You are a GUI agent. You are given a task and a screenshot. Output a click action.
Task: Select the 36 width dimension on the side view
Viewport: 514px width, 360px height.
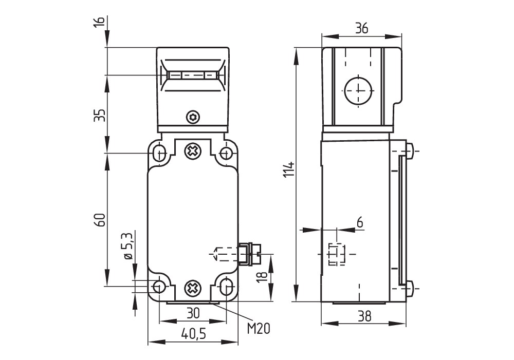pos(362,29)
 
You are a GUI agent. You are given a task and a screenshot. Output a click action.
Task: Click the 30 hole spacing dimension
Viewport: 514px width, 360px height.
pos(193,312)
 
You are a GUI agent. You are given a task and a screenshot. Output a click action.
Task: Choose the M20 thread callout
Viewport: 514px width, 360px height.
pos(258,328)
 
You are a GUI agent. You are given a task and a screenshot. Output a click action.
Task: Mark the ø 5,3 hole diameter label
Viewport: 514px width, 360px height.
pos(127,247)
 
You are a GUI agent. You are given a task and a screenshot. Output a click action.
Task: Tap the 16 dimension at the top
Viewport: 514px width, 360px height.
pos(100,22)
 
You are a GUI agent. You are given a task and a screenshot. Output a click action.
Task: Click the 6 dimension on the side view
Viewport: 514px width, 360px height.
pos(359,222)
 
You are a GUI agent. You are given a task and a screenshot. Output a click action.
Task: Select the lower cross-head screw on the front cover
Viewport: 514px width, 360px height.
pos(193,288)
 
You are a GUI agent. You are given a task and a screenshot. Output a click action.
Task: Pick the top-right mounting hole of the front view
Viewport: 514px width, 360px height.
pos(226,153)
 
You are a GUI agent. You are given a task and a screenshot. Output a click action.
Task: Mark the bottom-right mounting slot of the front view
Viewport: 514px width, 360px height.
pos(226,286)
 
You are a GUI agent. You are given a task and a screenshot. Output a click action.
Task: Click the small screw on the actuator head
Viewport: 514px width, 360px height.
pos(193,117)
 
